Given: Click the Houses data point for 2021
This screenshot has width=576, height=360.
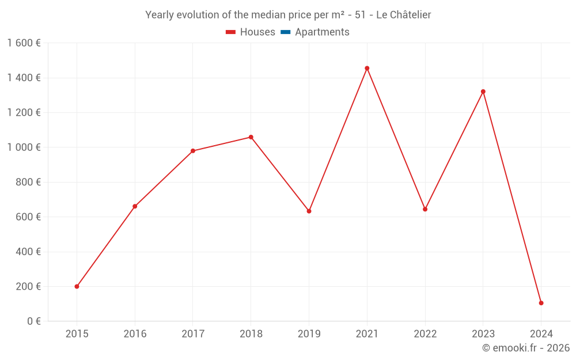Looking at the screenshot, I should [x=367, y=68].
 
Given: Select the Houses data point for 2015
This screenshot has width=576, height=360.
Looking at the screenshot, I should [x=77, y=286].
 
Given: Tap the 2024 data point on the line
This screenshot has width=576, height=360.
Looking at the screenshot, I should [x=541, y=303].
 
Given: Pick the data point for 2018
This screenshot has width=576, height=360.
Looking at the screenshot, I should [x=251, y=137].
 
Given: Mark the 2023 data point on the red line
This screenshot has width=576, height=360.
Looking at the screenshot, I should [x=483, y=92].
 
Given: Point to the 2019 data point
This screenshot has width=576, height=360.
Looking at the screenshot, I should [x=309, y=211].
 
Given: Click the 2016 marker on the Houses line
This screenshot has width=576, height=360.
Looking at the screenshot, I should [x=135, y=206].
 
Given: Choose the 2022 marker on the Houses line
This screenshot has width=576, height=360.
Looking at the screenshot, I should [x=425, y=209].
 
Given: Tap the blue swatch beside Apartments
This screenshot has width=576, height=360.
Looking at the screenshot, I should [x=285, y=32].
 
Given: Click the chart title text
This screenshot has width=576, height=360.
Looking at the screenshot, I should [x=288, y=15].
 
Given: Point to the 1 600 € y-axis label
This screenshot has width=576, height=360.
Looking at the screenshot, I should [x=24, y=43].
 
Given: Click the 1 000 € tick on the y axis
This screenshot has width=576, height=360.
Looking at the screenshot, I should [x=24, y=147].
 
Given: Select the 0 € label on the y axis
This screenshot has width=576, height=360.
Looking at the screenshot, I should [x=34, y=321].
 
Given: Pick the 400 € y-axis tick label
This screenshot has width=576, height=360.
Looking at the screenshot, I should [x=28, y=252].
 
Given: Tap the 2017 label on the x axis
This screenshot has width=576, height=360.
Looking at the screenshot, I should [x=193, y=334].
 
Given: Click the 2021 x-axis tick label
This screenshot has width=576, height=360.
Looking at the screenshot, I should [x=367, y=334].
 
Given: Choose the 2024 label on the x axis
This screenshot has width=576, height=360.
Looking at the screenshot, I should [x=541, y=334].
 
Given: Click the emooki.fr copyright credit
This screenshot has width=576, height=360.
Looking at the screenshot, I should [x=525, y=348].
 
